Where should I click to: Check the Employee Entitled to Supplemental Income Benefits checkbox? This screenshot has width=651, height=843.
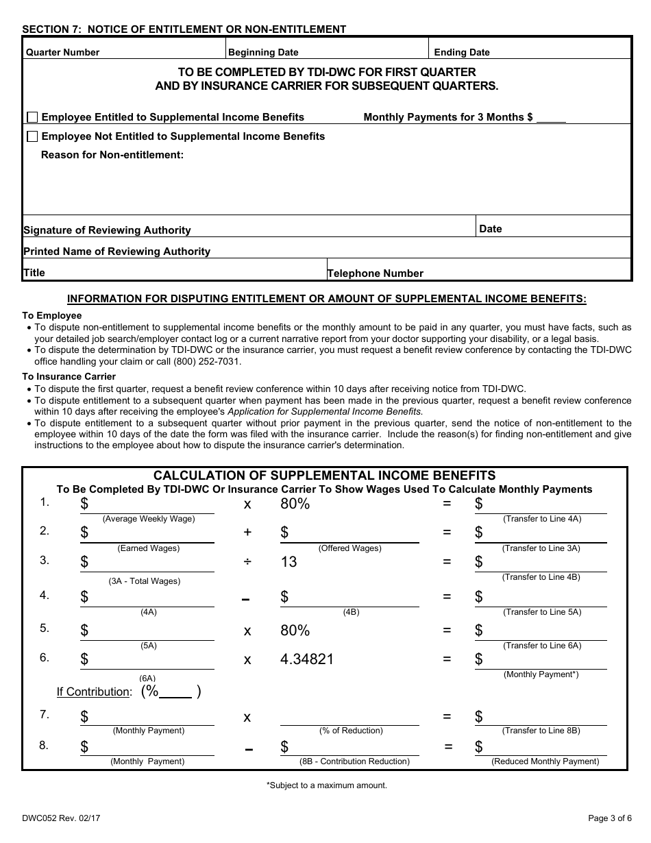coord(32,117)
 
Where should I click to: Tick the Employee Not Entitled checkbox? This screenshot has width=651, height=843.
coord(32,136)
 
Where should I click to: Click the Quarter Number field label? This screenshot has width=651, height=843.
coord(62,52)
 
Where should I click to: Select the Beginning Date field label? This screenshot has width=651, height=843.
coord(263,52)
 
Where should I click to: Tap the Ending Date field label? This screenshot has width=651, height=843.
coord(462,52)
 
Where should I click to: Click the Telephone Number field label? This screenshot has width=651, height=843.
coord(376,273)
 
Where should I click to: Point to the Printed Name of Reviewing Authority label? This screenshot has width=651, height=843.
coord(116,252)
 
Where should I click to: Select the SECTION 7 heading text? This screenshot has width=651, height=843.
coord(184,29)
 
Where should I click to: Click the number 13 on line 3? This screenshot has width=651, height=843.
coord(288,562)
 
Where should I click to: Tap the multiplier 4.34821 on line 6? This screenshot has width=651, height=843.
coord(307,659)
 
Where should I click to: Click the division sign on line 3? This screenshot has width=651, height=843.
coord(247,562)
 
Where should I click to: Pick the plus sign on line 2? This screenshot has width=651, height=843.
coord(247,533)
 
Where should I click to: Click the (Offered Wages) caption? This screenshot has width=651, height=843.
coord(349,548)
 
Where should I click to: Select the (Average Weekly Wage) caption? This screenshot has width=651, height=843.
coord(149,519)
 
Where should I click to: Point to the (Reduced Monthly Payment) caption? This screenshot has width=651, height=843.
coord(545,761)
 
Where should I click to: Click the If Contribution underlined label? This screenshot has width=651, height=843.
coord(93,692)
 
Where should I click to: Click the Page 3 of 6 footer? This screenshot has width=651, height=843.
coord(610,817)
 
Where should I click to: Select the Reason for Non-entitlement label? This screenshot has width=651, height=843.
coord(112,155)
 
